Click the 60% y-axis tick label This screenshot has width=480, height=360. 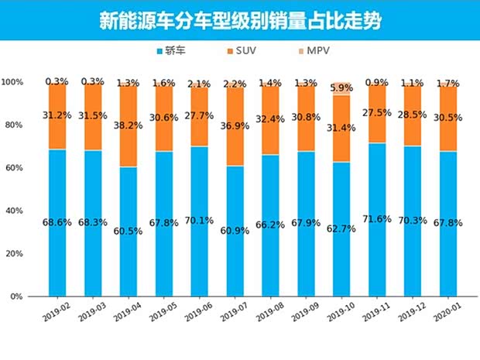tap(14, 168)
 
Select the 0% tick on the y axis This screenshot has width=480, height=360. tap(17, 297)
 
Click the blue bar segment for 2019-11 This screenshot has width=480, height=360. tap(376, 255)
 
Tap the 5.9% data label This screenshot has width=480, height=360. tap(341, 87)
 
